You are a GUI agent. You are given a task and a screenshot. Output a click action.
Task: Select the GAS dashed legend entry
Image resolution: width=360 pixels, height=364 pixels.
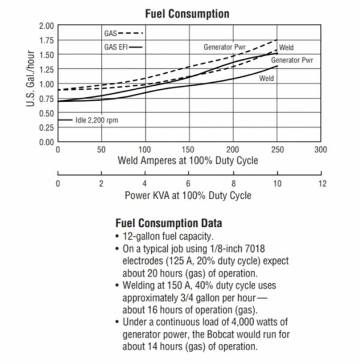(x=124, y=32)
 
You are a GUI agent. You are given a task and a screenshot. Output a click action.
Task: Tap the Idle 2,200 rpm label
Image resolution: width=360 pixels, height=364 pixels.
(x=97, y=120)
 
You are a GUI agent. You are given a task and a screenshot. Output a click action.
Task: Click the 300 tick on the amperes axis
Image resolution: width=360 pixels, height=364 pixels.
(x=321, y=150)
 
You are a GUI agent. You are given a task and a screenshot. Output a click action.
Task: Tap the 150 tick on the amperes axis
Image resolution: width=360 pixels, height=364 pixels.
(x=189, y=150)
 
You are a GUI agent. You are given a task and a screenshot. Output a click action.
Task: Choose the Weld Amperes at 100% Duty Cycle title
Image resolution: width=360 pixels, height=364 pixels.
(x=188, y=161)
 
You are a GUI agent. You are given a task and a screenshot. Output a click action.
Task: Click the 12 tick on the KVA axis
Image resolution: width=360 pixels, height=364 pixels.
(x=323, y=183)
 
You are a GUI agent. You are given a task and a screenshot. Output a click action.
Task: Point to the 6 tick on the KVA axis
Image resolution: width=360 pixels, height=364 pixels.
(x=189, y=183)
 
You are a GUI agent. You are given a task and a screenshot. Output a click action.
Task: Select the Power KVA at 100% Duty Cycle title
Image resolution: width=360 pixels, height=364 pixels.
(x=188, y=195)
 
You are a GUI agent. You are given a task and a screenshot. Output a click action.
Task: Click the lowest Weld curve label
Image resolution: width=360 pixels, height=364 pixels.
(x=266, y=79)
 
